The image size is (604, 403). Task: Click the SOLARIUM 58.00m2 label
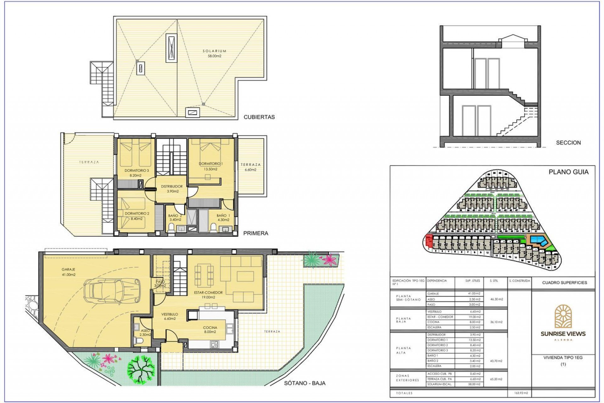click(214, 54)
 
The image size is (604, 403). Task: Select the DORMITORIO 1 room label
click(211, 166)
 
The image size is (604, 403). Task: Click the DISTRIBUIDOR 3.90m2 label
click(172, 189)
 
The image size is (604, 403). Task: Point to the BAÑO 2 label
click(175, 218)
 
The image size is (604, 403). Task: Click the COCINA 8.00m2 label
click(210, 330)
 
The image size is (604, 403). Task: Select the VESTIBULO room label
click(170, 316)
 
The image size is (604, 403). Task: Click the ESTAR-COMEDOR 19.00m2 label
click(208, 295)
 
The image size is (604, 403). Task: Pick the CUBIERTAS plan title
click(259, 117)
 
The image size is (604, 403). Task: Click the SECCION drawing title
click(568, 143)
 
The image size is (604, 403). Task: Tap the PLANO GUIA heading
click(568, 172)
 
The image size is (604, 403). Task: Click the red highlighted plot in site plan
click(428, 241)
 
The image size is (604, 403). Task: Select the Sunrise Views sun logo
click(563, 316)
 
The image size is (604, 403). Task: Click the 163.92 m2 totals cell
click(519, 393)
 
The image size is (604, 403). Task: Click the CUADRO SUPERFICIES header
click(564, 283)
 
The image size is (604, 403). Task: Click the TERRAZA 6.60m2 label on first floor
click(250, 167)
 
